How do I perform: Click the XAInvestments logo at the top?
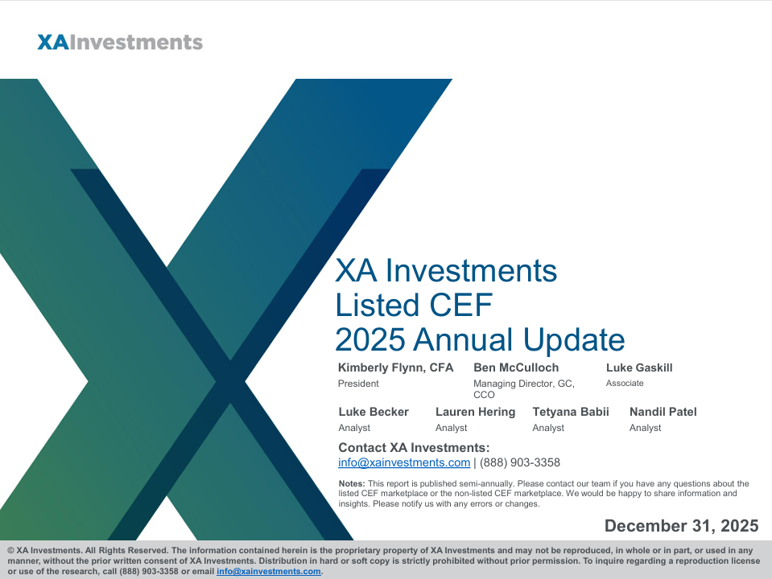[120, 43]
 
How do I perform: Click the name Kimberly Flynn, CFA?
[395, 368]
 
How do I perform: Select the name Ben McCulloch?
[516, 368]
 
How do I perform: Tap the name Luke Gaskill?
[639, 368]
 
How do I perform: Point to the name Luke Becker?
[374, 412]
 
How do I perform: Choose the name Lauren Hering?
[475, 412]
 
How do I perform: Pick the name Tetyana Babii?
[571, 412]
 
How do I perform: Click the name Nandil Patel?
[663, 412]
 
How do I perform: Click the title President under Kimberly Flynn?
[358, 384]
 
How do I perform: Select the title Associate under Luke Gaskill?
[625, 384]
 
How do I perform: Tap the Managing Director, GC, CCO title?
[524, 389]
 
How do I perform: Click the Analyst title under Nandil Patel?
[645, 428]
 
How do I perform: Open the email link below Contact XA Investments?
[404, 463]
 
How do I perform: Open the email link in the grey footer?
[268, 572]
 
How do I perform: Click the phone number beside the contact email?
[520, 463]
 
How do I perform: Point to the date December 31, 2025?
[681, 526]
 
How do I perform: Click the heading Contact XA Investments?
[414, 448]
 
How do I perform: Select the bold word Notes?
[352, 483]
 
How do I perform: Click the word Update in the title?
[574, 340]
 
